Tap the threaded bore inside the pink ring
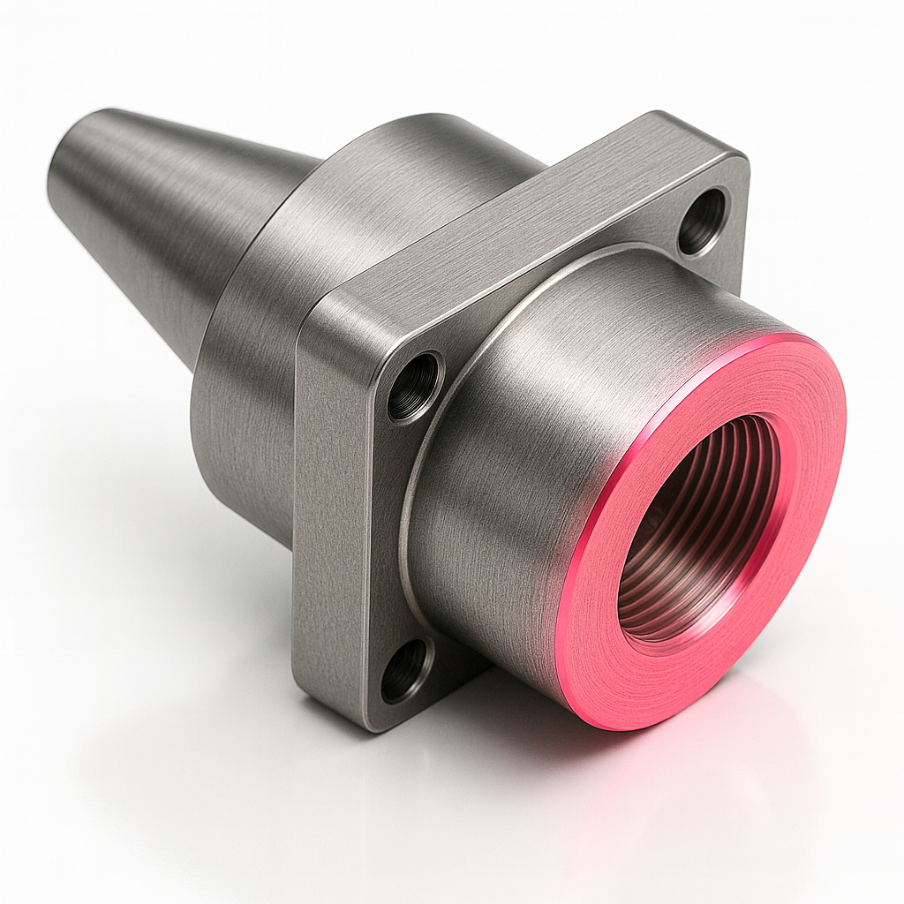pos(697,530)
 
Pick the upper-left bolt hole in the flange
pos(415,387)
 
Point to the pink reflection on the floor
pos(671,795)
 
